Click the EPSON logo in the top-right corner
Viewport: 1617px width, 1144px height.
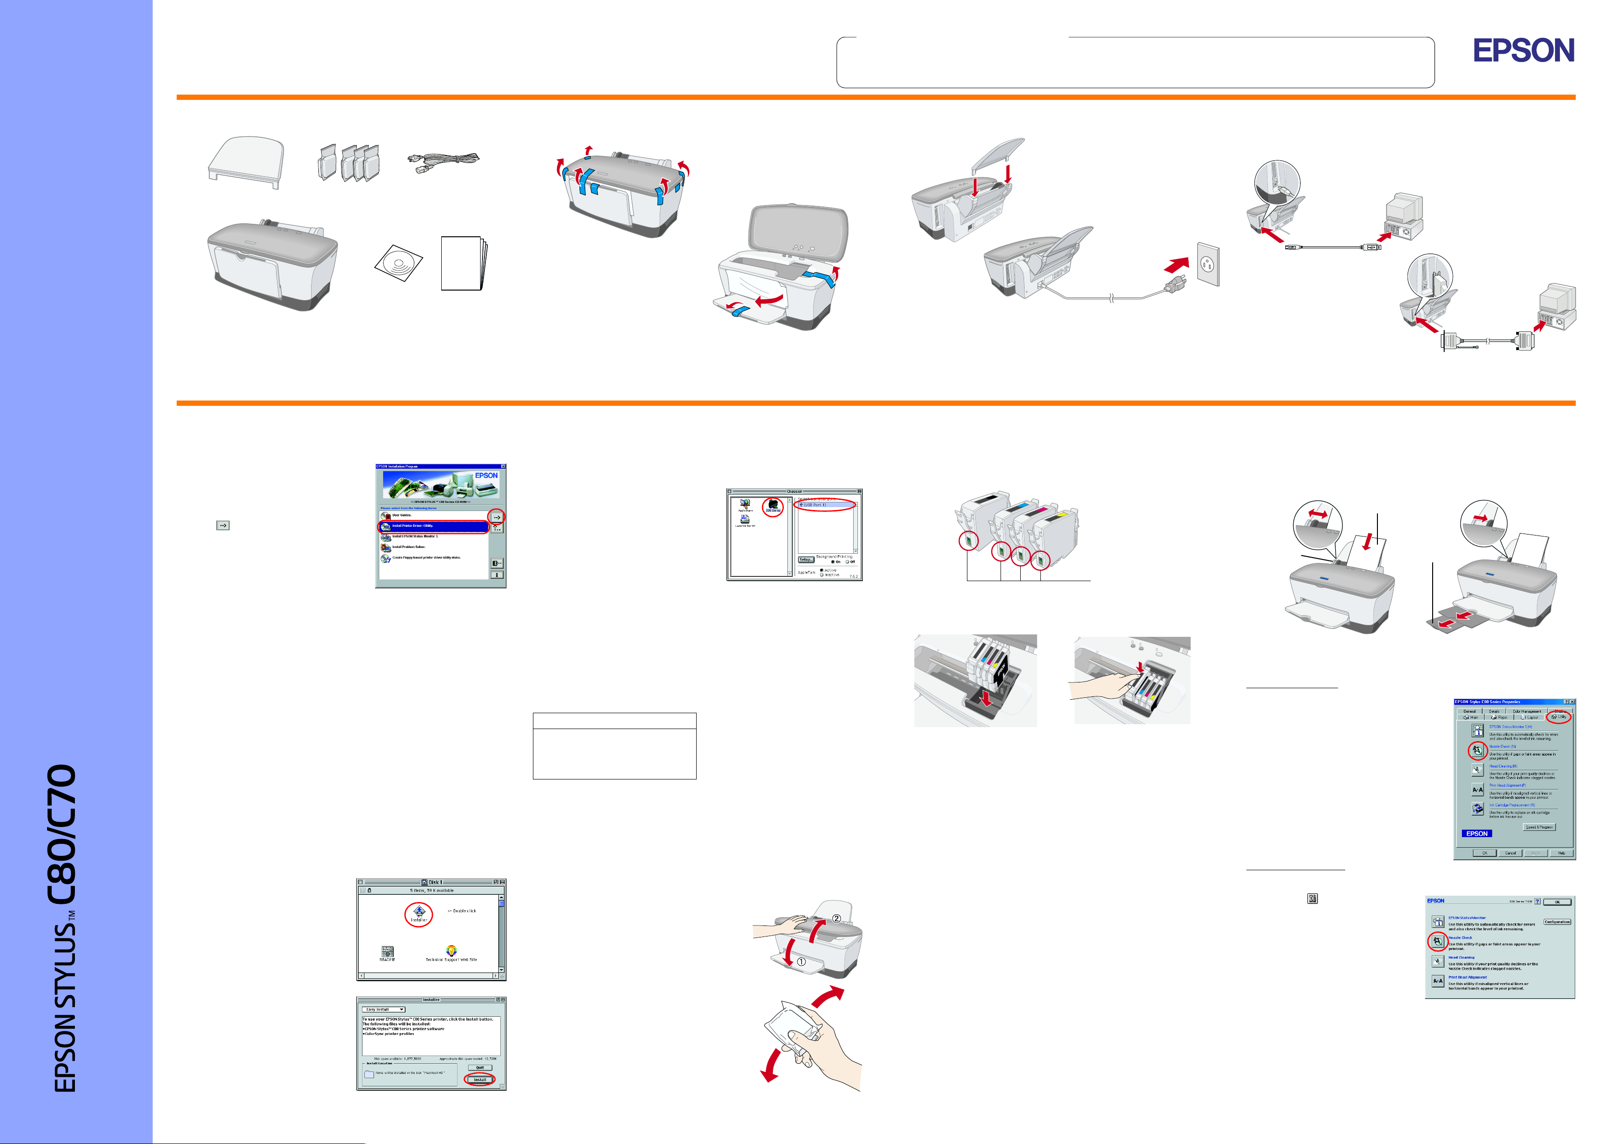[x=1523, y=51]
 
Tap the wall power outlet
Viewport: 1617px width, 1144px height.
[x=1208, y=264]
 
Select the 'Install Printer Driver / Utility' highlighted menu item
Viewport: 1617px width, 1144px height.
[x=433, y=526]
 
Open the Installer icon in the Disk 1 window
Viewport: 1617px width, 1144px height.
[x=418, y=913]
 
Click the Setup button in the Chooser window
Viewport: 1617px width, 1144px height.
[x=806, y=560]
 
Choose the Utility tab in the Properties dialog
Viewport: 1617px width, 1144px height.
[x=1558, y=717]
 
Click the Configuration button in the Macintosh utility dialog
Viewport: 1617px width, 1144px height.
[x=1557, y=922]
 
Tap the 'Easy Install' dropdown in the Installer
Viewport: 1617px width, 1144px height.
[x=384, y=1010]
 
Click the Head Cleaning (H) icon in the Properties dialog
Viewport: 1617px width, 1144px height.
[x=1478, y=770]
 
